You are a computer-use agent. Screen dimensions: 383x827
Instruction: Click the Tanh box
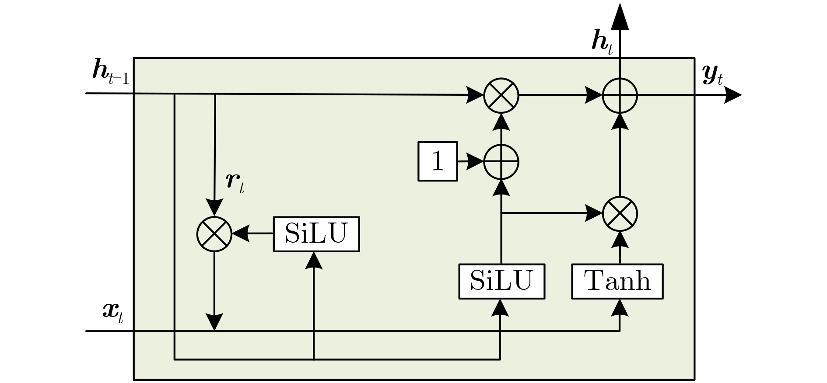click(x=617, y=281)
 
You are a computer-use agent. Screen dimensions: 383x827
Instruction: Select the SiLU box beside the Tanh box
click(x=501, y=281)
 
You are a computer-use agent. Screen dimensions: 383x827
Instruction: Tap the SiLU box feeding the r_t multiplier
click(x=316, y=234)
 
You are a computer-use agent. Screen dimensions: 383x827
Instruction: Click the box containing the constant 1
click(x=438, y=161)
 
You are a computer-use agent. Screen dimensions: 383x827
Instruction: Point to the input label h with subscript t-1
click(x=111, y=71)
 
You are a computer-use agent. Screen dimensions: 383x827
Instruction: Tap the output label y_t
click(x=712, y=74)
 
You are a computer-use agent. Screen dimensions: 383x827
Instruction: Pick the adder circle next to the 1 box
click(x=501, y=162)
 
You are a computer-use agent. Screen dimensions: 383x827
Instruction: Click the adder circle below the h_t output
click(x=620, y=95)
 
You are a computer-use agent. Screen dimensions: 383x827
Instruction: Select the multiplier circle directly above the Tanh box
click(x=620, y=214)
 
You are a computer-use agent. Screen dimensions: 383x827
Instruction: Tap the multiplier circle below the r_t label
click(x=214, y=234)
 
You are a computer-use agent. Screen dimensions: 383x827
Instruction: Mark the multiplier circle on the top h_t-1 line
click(x=501, y=95)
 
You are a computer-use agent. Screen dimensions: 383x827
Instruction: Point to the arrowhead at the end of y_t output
click(x=732, y=95)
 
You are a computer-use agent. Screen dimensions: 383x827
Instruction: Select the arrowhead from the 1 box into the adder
click(x=475, y=162)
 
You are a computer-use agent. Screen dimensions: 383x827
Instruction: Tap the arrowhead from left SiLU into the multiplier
click(x=241, y=234)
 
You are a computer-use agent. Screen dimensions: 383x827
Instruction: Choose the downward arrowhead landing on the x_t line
click(x=214, y=322)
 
